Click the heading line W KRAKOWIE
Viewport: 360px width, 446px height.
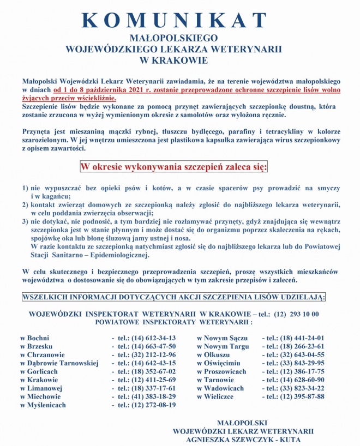173,59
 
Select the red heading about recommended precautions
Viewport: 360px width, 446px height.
173,166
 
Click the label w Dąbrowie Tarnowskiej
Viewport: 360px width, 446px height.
59,363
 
